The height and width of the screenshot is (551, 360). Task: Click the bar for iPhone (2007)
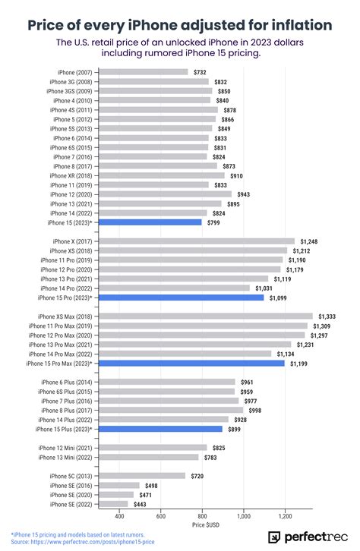pyautogui.click(x=144, y=72)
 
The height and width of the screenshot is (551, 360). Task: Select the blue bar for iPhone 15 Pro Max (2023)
pyautogui.click(x=192, y=364)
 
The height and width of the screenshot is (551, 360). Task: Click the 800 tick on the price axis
pyautogui.click(x=202, y=516)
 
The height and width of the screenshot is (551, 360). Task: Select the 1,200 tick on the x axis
pyautogui.click(x=285, y=516)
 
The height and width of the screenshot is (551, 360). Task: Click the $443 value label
pyautogui.click(x=141, y=504)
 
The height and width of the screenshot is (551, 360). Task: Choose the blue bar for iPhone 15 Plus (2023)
pyautogui.click(x=161, y=429)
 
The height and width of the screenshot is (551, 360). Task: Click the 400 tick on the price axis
pyautogui.click(x=119, y=516)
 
